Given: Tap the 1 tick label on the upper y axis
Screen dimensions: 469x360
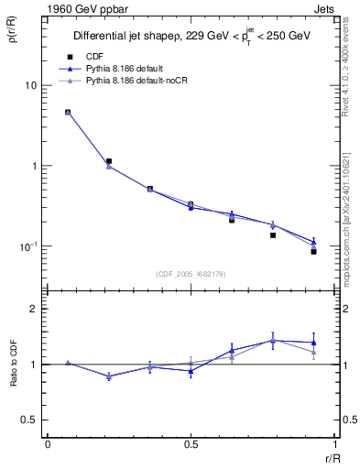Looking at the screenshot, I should click(x=33, y=166).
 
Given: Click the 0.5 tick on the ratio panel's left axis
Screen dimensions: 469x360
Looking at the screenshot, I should click(x=27, y=420).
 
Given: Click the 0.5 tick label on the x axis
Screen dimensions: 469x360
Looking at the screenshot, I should click(x=191, y=444).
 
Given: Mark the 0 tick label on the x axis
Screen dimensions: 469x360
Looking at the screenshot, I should click(x=48, y=444).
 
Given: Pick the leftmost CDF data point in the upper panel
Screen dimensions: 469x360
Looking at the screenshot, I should click(x=68, y=112).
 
